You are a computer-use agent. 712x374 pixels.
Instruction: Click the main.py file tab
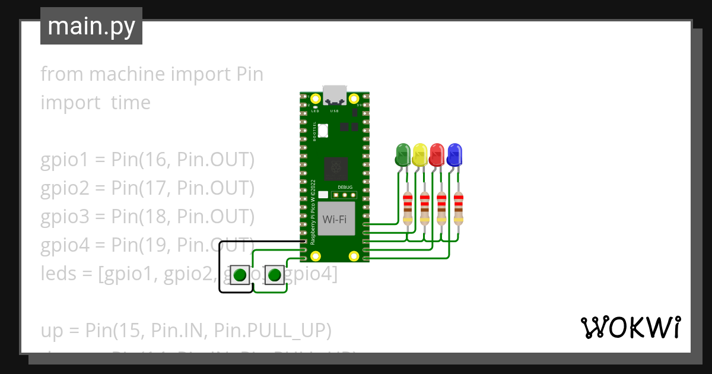[x=91, y=26]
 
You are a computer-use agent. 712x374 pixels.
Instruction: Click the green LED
[x=403, y=155]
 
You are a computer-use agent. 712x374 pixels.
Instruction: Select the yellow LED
[x=420, y=155]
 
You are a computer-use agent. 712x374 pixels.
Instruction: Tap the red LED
[x=437, y=155]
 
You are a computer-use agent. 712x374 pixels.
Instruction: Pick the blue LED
[x=454, y=155]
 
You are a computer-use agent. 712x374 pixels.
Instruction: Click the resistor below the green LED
[x=407, y=207]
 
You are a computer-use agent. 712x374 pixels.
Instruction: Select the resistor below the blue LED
[x=458, y=207]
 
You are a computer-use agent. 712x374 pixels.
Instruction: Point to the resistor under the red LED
[x=441, y=207]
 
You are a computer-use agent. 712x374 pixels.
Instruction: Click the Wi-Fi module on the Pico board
[x=335, y=219]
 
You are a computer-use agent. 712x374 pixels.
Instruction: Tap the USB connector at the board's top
[x=335, y=95]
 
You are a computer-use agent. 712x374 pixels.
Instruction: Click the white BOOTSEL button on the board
[x=323, y=129]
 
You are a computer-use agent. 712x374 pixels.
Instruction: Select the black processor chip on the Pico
[x=336, y=168]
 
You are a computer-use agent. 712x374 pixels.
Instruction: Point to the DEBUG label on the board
[x=345, y=187]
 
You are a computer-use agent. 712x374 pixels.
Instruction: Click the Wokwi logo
[x=630, y=327]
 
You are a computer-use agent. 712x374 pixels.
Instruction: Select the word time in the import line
[x=131, y=103]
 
